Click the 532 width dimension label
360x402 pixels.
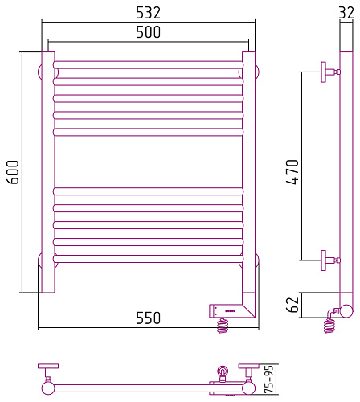tap(149, 13)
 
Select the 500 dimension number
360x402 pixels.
tap(149, 32)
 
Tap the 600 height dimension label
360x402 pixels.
tap(13, 172)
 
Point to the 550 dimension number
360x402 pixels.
tap(149, 318)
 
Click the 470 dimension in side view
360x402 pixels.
tap(292, 172)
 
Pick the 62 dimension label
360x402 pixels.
tap(292, 305)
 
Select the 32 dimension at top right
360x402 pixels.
tap(346, 13)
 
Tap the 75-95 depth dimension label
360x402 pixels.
tap(269, 379)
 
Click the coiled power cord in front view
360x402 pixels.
tap(223, 325)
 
